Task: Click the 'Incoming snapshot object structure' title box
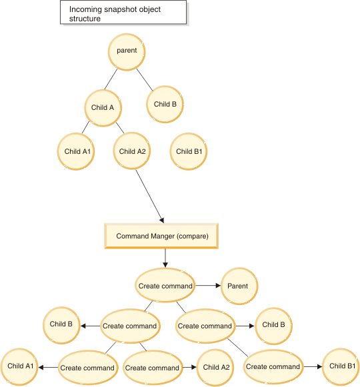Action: pyautogui.click(x=123, y=13)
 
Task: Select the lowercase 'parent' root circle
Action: pyautogui.click(x=127, y=52)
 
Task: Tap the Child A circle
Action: pyautogui.click(x=103, y=108)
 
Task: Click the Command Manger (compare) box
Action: pyautogui.click(x=161, y=236)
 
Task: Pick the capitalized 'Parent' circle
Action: pyautogui.click(x=239, y=286)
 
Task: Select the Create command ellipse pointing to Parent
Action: pyautogui.click(x=165, y=285)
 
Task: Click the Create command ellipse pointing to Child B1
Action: pyautogui.click(x=273, y=367)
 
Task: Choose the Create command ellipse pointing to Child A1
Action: pyautogui.click(x=88, y=368)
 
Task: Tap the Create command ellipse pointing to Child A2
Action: pyautogui.click(x=153, y=368)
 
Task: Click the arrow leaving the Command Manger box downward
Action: pyautogui.click(x=165, y=258)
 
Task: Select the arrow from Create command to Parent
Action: pyautogui.click(x=208, y=286)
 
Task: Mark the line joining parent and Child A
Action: pyautogui.click(x=111, y=79)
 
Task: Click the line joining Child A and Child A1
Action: pyautogui.click(x=85, y=127)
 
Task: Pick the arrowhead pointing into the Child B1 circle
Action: pyautogui.click(x=320, y=367)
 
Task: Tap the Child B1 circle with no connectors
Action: pyautogui.click(x=189, y=152)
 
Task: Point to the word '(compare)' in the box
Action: pyautogui.click(x=193, y=236)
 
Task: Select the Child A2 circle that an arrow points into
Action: pyautogui.click(x=215, y=368)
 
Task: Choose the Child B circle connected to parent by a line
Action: pyautogui.click(x=165, y=104)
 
